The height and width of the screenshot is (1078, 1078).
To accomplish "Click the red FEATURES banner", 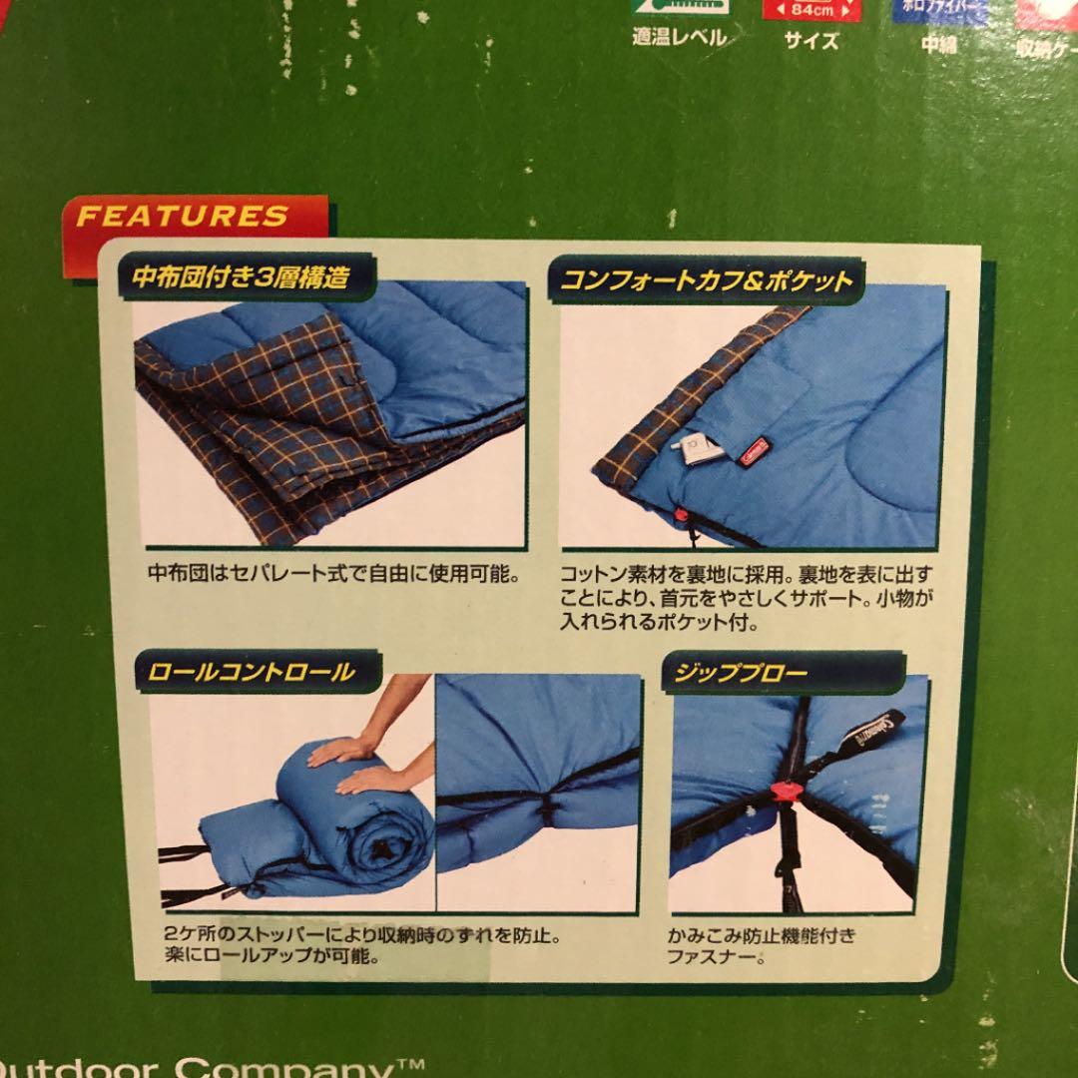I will [x=184, y=216].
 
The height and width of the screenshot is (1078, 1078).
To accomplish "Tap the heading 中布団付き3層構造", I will [x=242, y=277].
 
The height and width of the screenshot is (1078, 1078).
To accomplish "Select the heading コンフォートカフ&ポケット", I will [x=708, y=279].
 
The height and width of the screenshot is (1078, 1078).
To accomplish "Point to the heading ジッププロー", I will [x=741, y=672].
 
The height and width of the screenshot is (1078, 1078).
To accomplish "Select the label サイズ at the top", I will [x=810, y=42].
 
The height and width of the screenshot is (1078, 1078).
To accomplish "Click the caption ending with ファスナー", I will [x=763, y=948].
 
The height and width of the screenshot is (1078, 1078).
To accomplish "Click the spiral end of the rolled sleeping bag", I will [x=382, y=850].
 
